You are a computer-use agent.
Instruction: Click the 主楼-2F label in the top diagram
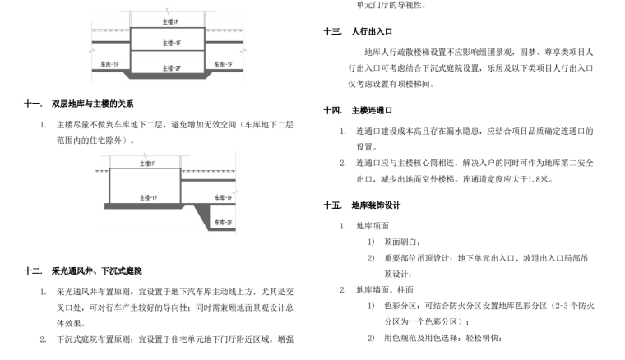tap(171, 67)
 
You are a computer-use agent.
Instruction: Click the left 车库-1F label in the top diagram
tap(110, 64)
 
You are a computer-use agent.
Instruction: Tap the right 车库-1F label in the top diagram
tap(223, 64)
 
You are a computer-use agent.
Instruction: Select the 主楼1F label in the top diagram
tap(170, 16)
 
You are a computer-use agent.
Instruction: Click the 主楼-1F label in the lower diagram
tap(149, 198)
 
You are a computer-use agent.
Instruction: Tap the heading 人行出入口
tap(369, 32)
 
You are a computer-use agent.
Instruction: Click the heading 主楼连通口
tap(372, 109)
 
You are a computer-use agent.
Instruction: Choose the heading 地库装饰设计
tap(375, 205)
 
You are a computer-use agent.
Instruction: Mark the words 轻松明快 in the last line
tap(480, 337)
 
